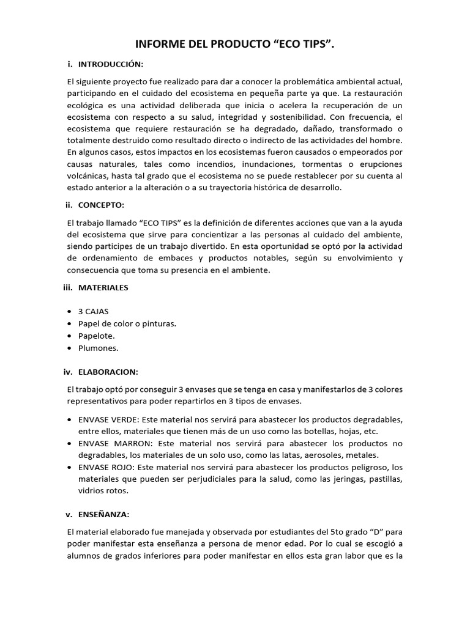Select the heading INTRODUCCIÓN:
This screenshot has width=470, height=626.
click(111, 64)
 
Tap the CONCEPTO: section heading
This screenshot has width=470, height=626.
click(102, 205)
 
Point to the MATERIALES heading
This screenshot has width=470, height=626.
click(103, 287)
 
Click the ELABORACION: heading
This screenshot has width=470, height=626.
click(108, 372)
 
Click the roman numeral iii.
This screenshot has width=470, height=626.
click(68, 287)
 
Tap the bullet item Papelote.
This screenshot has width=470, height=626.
click(97, 336)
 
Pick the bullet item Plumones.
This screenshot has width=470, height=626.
click(98, 348)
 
